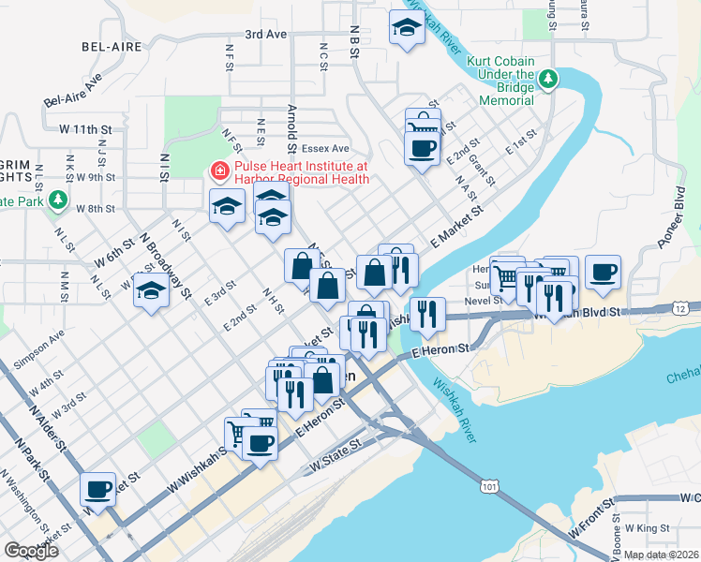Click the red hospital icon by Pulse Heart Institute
(x=219, y=171)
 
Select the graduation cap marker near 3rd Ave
(x=406, y=29)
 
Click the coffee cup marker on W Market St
(x=97, y=488)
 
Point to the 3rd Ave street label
(x=265, y=34)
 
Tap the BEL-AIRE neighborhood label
(x=112, y=46)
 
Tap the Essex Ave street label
(x=325, y=148)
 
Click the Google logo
(x=31, y=551)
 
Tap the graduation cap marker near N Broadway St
(x=151, y=291)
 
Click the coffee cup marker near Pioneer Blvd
(x=603, y=272)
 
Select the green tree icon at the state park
(x=58, y=200)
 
